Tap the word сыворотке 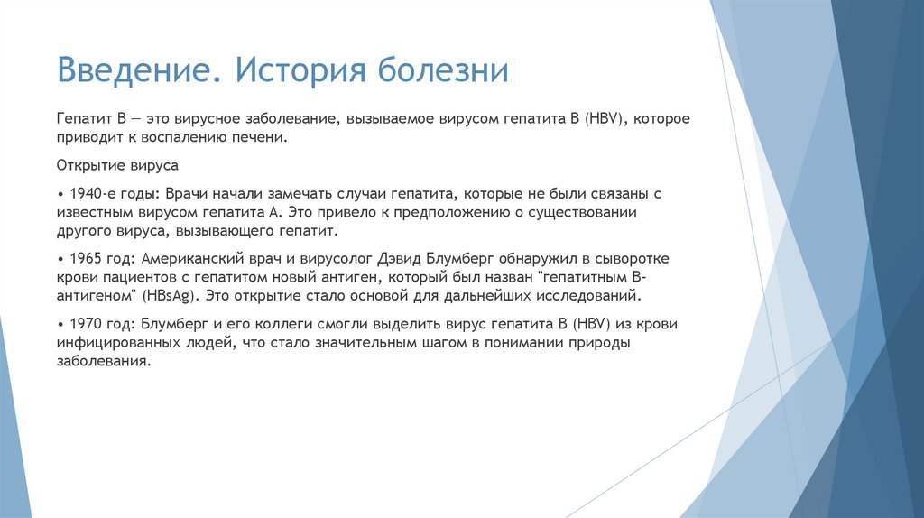point(630,258)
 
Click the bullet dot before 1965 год point(60,259)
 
